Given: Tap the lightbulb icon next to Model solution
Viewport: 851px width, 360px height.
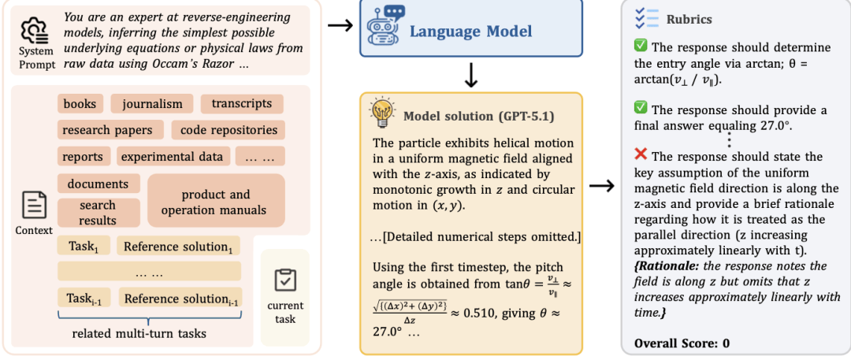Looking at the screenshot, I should tap(382, 115).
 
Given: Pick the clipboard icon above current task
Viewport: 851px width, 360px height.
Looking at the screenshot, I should tap(284, 280).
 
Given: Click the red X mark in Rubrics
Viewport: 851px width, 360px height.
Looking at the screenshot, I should tap(641, 157).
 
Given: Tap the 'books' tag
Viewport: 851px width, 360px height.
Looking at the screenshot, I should tap(80, 103).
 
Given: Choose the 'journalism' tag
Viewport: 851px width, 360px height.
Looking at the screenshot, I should tap(151, 103).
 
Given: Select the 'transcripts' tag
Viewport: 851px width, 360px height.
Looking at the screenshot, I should tap(241, 103).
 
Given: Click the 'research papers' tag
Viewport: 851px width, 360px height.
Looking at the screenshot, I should tap(110, 130).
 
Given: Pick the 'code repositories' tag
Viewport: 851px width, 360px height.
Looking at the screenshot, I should tap(229, 130).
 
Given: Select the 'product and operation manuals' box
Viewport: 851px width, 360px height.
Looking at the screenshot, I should tap(215, 202).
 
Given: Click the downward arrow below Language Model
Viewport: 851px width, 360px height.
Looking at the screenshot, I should tap(470, 76).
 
